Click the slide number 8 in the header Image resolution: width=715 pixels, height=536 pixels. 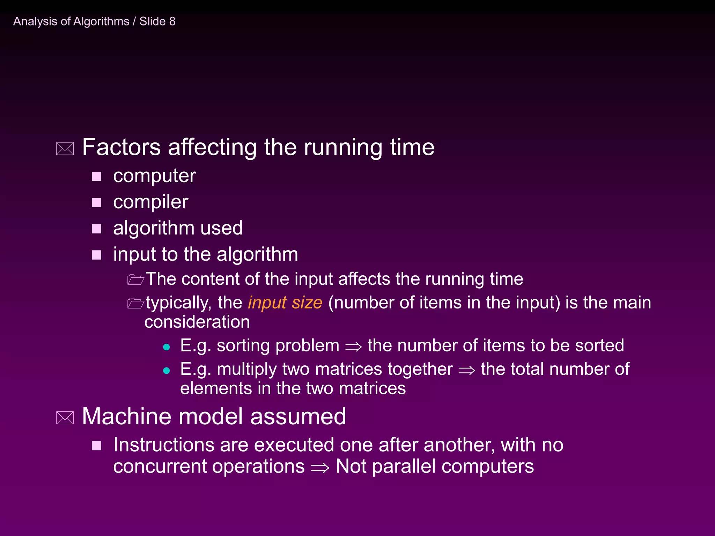(x=172, y=22)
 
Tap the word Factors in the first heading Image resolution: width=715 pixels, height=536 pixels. (x=121, y=147)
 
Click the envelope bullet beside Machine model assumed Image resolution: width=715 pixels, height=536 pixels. (x=65, y=418)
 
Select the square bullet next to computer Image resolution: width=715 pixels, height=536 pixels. (x=96, y=177)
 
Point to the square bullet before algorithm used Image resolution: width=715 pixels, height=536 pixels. (x=96, y=229)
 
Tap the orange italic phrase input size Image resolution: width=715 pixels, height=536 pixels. (x=285, y=303)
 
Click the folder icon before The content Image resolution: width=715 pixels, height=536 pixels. (x=135, y=280)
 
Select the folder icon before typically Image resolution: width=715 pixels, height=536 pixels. (x=135, y=303)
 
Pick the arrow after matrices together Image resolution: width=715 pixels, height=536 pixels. (x=467, y=370)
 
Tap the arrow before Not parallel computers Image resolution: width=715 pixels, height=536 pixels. (x=320, y=468)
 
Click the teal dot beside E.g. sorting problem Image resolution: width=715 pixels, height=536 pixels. (x=167, y=347)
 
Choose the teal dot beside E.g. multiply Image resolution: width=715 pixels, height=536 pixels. (x=167, y=371)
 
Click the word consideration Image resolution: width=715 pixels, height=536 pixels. (x=197, y=322)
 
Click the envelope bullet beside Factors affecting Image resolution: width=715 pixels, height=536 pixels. (x=65, y=149)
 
